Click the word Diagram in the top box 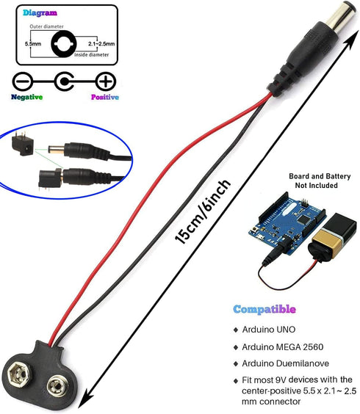[x=40, y=12]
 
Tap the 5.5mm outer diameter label [x=33, y=44]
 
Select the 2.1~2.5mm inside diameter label [x=101, y=43]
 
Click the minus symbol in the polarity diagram [x=23, y=81]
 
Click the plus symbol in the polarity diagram [x=106, y=81]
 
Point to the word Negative [x=26, y=97]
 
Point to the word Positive [x=105, y=97]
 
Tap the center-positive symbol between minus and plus [x=64, y=81]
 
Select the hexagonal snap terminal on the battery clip [x=19, y=374]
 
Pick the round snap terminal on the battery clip [x=57, y=386]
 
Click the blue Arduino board [x=287, y=224]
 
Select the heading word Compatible [x=264, y=310]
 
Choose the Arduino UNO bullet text [x=269, y=330]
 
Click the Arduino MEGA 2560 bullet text [x=283, y=346]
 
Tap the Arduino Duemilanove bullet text [x=286, y=363]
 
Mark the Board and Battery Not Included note [x=320, y=181]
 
